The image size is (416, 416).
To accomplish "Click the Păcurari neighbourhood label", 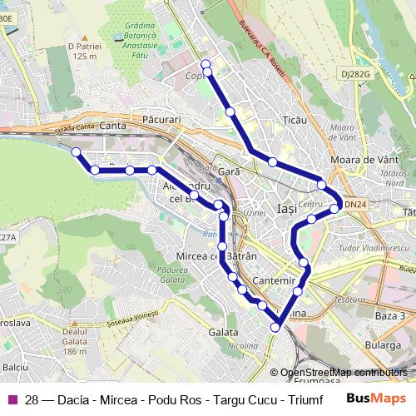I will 161,120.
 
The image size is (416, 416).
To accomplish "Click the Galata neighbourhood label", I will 224,331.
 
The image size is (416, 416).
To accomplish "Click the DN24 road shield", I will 355,204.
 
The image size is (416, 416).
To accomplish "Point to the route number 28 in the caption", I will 32,399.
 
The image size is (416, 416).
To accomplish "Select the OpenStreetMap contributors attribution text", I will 344,373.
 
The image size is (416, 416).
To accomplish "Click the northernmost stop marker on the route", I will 206,64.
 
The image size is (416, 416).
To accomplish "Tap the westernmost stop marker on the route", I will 76,152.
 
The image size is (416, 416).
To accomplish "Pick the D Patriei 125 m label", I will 85,51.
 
